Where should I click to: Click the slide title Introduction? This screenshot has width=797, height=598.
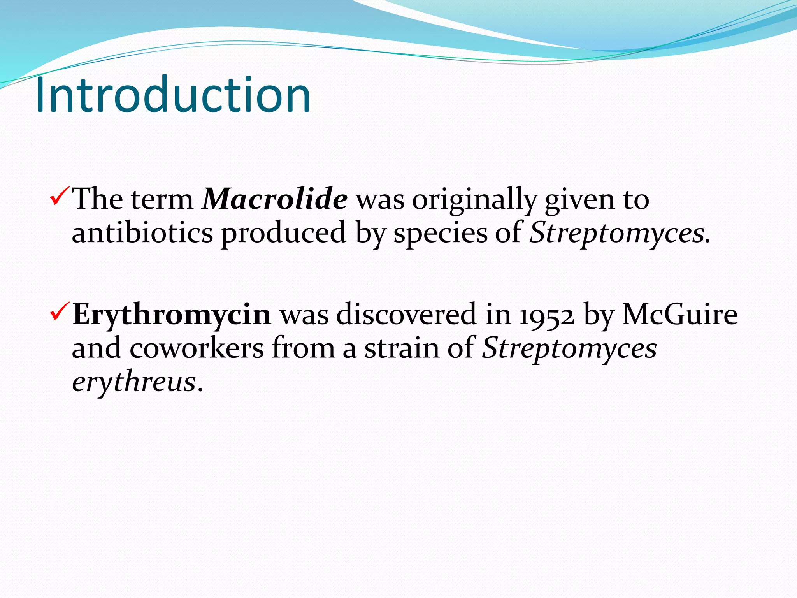[x=173, y=95]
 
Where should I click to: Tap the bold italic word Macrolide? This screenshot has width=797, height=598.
[x=275, y=199]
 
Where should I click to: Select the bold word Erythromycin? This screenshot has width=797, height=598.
[x=172, y=314]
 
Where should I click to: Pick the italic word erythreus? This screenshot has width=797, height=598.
[x=133, y=382]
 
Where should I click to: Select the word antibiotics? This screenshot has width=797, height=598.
[x=142, y=233]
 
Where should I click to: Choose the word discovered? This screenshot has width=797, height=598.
[x=406, y=314]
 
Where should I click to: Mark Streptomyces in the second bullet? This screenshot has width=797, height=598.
[x=569, y=348]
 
